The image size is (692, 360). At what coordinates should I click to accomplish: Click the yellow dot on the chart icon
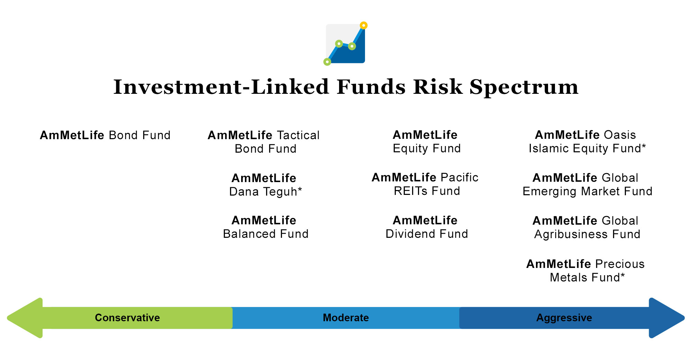point(364,25)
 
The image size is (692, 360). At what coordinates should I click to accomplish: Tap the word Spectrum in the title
point(524,88)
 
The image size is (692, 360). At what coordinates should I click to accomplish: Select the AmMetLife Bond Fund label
point(105,135)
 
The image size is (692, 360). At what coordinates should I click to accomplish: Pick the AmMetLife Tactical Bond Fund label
point(264,142)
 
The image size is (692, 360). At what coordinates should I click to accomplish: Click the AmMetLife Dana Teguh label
point(265,185)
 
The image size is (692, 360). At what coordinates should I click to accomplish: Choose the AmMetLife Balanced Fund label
point(265,227)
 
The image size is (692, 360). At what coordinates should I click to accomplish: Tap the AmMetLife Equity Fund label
point(427,142)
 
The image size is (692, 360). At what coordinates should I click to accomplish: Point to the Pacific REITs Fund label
point(425,184)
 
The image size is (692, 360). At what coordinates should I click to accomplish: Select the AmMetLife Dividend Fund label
point(427,227)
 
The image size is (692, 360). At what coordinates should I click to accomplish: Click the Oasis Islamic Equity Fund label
point(587,142)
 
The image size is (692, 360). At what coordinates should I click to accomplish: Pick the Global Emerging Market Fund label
point(587,184)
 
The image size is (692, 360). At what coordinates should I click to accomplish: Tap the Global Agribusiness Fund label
point(587,227)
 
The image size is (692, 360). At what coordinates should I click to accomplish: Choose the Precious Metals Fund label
point(585,271)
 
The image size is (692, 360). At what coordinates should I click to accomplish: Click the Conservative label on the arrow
point(127,318)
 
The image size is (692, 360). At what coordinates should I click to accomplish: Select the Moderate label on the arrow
point(346,318)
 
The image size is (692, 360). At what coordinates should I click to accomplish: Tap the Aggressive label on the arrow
point(564,318)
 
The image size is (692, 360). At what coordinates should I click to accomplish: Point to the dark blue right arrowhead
point(666,318)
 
